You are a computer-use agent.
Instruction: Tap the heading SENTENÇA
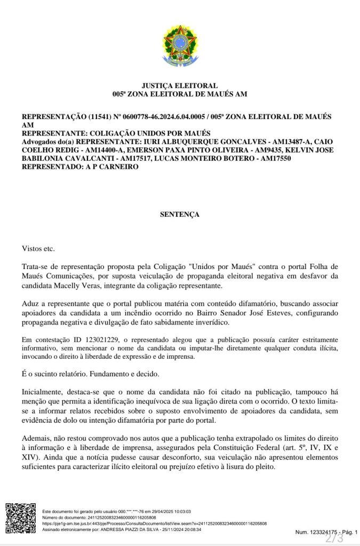click(179, 214)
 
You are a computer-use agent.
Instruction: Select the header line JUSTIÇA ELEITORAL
click(179, 85)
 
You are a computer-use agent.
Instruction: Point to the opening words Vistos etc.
click(38, 248)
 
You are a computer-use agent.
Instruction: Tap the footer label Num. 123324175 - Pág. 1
click(326, 532)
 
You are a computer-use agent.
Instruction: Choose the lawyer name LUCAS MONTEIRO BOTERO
click(206, 158)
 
